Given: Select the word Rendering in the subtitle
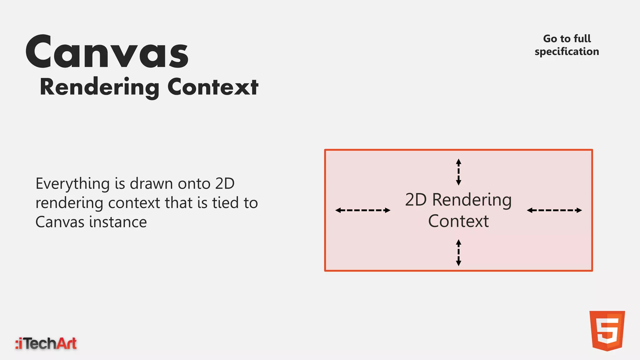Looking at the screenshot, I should pos(99,87).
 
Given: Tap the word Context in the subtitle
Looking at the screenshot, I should pos(213,87).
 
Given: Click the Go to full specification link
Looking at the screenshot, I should pos(567,45).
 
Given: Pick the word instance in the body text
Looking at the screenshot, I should pos(118,222).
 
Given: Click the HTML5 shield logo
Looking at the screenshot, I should pos(607,331).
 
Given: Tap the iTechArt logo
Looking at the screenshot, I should pos(46,343).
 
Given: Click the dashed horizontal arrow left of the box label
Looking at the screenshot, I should pos(363,210).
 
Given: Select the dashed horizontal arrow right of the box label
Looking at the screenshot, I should pos(554,210).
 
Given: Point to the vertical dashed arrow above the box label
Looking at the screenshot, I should pos(458,172).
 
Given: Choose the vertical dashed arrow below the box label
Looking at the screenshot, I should pos(458,252).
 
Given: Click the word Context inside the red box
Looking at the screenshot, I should pos(458,221).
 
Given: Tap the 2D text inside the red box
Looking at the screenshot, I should pos(416,200).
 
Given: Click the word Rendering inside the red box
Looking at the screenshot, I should pos(472,200).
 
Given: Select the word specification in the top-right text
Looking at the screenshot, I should pos(567,52).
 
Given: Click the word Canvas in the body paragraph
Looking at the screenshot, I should pos(60,222).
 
